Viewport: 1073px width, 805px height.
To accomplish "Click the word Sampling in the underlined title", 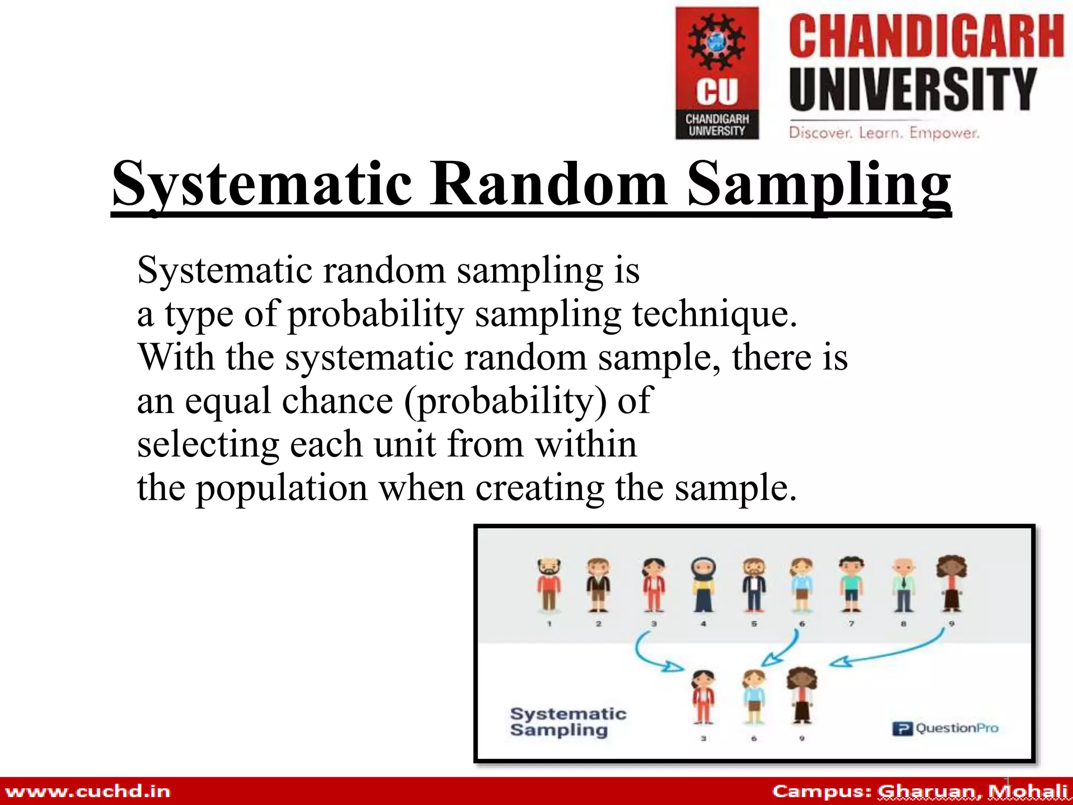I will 819,184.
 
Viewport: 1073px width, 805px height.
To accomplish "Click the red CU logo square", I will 717,73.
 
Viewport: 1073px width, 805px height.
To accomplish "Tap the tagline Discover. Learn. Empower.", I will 884,133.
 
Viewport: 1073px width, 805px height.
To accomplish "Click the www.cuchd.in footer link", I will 87,791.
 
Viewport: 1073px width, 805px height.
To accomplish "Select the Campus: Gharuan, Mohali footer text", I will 919,791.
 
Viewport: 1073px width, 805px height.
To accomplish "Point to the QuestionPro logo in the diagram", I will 945,728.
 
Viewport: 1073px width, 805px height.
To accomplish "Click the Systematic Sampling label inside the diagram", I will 567,722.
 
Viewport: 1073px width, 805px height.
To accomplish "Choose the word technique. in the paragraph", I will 715,314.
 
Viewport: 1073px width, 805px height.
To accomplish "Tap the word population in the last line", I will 282,487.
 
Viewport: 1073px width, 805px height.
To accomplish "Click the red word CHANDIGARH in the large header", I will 926,36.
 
